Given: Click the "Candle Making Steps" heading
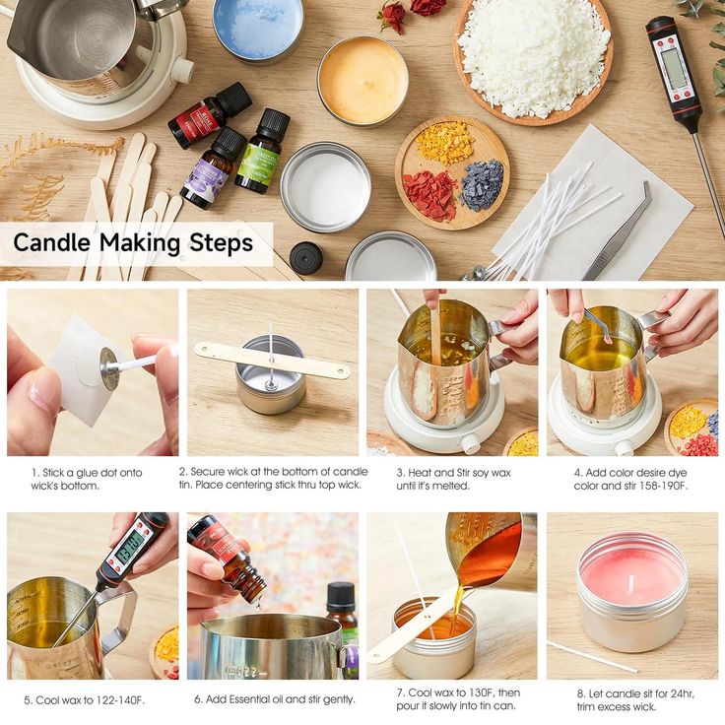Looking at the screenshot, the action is click(x=133, y=242).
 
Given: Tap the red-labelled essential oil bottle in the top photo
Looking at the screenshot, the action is click(x=210, y=115).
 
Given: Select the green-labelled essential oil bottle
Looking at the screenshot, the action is click(x=262, y=151).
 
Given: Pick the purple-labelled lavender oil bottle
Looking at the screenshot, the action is click(x=213, y=168).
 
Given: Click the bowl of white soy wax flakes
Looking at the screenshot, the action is click(x=533, y=60).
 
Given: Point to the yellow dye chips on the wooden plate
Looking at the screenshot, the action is click(x=444, y=143).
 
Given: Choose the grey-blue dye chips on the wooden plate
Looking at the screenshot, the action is click(x=482, y=185).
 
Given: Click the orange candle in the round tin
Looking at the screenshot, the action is click(x=362, y=82).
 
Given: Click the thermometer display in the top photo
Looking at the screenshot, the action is click(x=673, y=69).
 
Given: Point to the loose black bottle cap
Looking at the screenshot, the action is click(x=306, y=258).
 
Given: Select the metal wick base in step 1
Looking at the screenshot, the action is click(x=109, y=368).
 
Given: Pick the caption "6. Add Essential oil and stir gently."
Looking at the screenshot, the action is click(x=275, y=699).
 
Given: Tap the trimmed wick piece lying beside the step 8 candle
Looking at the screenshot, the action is click(x=592, y=657).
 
